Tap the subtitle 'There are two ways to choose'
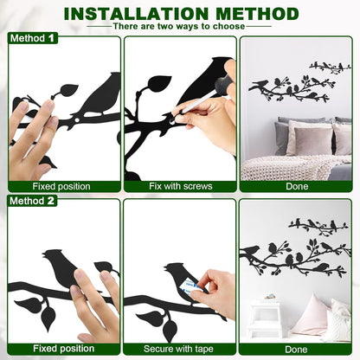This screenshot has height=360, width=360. click(179, 27)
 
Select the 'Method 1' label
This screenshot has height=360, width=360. click(33, 39)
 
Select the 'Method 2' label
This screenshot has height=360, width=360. click(34, 201)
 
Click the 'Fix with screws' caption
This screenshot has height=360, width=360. click(179, 186)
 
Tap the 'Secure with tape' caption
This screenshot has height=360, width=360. click(179, 349)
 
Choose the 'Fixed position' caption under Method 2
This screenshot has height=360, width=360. click(64, 349)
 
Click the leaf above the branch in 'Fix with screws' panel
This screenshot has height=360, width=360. click(159, 84)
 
